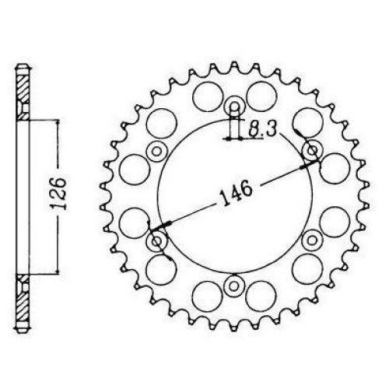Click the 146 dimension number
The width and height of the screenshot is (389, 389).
[x=236, y=192]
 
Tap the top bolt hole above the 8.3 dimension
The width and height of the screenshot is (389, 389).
[x=234, y=107]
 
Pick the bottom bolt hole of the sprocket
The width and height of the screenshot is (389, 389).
[x=234, y=286]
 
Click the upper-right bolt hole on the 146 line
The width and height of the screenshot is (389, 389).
[x=313, y=150]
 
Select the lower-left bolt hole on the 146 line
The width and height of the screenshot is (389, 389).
[x=156, y=241]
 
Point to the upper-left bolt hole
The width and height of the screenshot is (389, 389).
[x=156, y=151]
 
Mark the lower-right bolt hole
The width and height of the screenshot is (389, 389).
[x=312, y=240]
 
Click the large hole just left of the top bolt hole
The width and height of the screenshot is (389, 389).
[x=208, y=96]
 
